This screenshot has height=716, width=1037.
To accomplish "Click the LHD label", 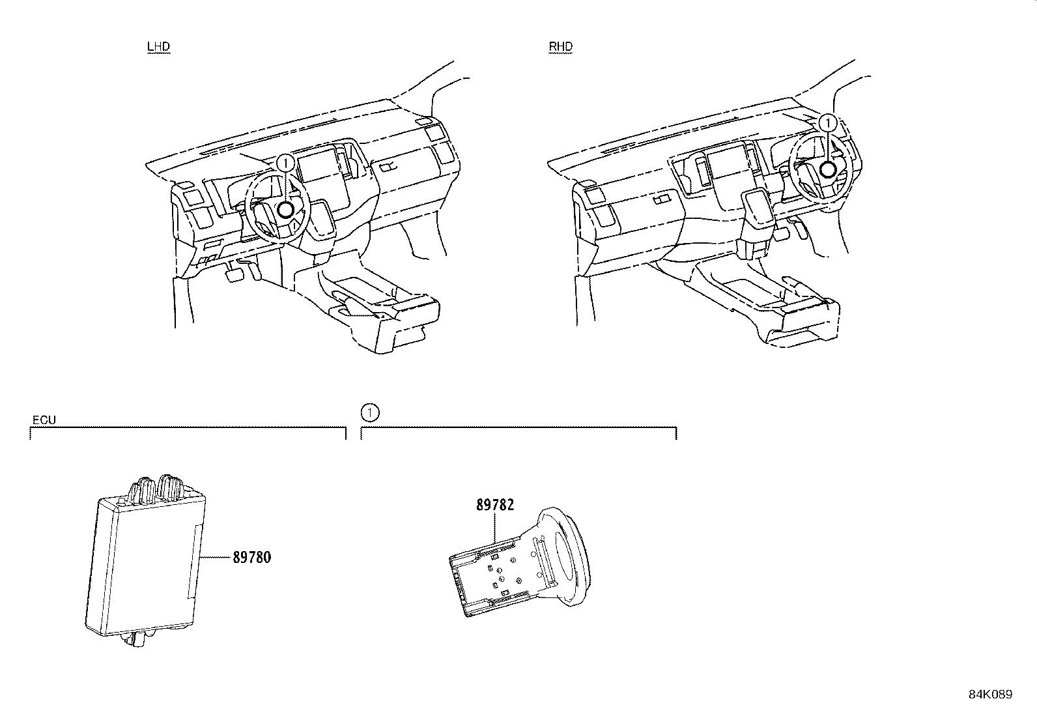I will point(158,47).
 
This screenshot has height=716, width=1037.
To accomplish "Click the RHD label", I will point(561,47).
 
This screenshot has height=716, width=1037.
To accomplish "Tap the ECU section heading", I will point(44,420).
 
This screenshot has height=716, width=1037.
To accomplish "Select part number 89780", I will point(251,558).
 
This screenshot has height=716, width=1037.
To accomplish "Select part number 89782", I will point(495,505).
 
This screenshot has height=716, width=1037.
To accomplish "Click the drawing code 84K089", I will point(990,695).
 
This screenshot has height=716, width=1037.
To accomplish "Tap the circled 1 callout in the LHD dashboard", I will point(285,163).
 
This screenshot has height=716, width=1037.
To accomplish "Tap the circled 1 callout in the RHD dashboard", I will point(827,122).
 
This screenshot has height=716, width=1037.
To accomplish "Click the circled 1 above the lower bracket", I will point(369,412).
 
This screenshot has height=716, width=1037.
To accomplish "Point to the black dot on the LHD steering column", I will point(285,210).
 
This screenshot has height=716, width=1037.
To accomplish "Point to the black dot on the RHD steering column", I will point(827,169).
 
